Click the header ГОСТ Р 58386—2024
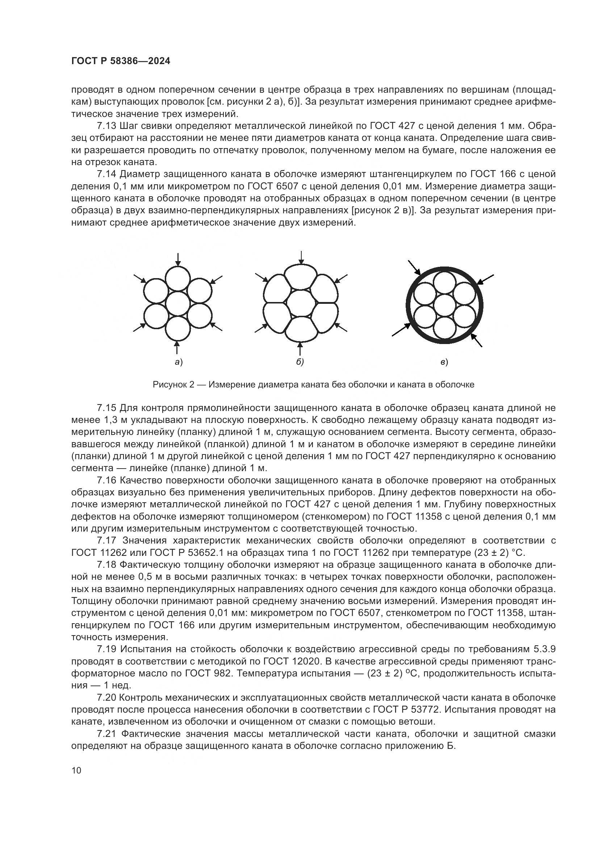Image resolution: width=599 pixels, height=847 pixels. (121, 61)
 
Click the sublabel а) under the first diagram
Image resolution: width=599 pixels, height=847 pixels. (179, 362)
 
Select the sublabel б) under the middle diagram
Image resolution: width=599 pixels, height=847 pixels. (300, 362)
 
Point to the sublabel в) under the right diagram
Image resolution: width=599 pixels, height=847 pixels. (444, 362)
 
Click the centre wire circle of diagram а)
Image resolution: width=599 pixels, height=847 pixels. (177, 303)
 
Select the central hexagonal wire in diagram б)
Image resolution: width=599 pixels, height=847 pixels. (301, 304)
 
